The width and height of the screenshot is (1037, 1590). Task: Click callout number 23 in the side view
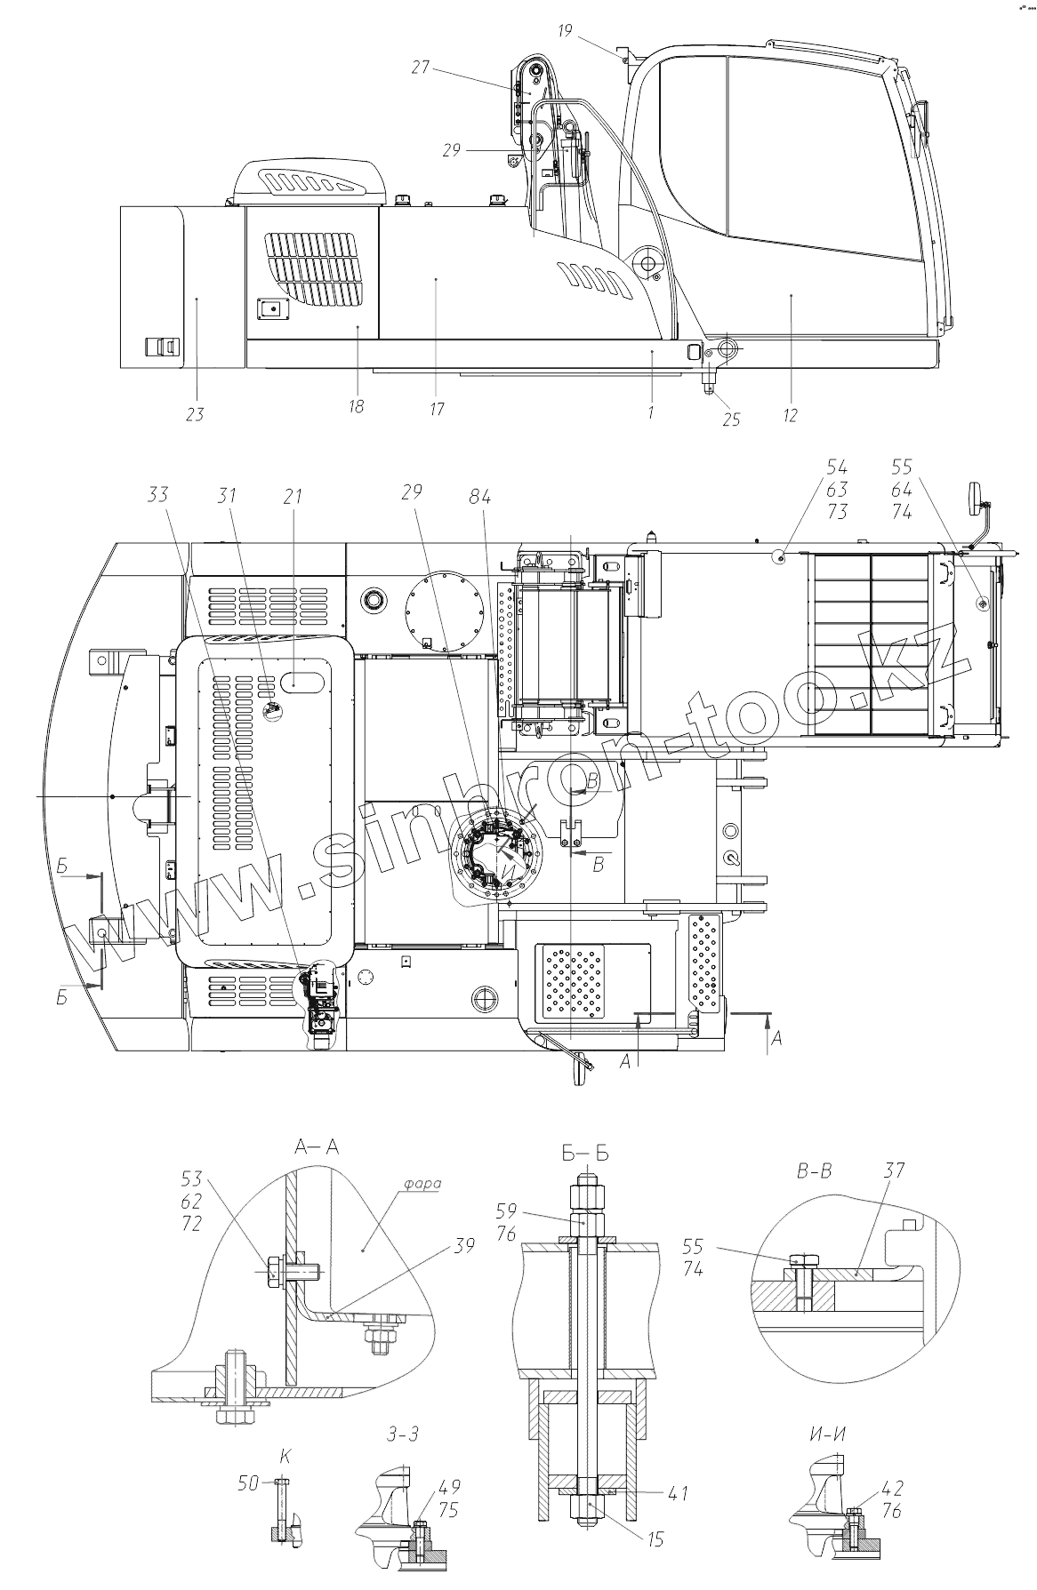coord(195,413)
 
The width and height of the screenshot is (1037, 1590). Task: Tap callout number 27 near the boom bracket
coord(421,67)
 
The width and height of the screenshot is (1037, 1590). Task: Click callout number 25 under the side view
coord(730,419)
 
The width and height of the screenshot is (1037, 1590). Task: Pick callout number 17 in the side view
coord(437,409)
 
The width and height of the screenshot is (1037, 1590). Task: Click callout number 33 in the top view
coord(158,494)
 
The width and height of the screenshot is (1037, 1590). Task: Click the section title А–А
coord(317,1147)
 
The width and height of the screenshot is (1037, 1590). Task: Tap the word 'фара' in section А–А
coord(422,1184)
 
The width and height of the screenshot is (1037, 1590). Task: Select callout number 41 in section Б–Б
coord(678,1493)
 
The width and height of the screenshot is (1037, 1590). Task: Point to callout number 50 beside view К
coord(248,1482)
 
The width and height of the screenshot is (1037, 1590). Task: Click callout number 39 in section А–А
coord(462,1245)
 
